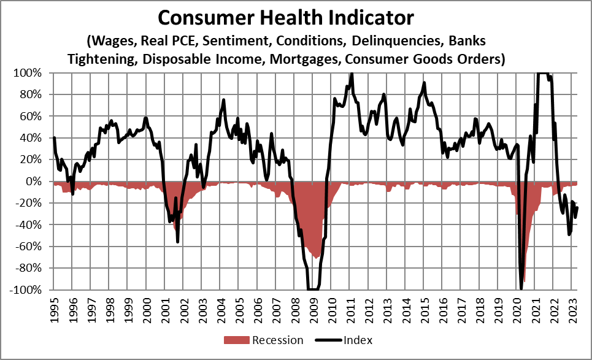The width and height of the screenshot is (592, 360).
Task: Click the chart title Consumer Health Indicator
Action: (286, 18)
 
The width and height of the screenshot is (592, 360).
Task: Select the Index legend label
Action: (359, 340)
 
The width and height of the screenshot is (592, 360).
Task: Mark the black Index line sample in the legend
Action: (329, 340)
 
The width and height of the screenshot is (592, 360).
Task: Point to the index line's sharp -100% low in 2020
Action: (521, 288)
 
